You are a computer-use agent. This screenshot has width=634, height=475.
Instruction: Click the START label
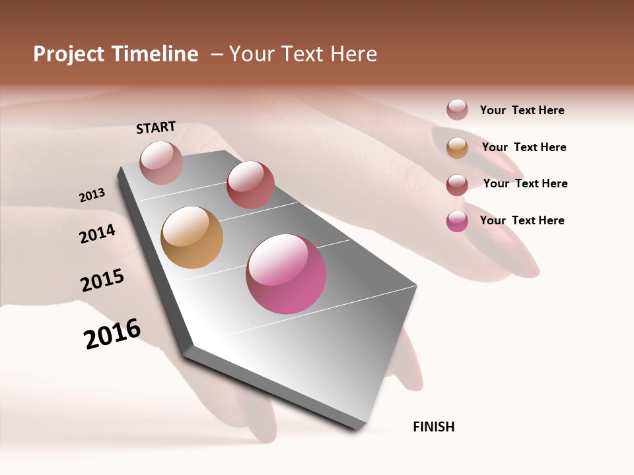(x=156, y=127)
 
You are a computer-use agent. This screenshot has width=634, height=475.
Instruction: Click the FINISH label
(x=433, y=427)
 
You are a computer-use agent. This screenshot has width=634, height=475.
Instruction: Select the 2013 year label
(x=92, y=195)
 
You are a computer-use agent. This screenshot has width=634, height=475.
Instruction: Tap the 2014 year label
(x=97, y=234)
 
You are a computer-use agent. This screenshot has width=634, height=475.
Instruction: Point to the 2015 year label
(x=102, y=280)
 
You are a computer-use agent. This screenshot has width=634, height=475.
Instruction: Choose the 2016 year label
(x=112, y=334)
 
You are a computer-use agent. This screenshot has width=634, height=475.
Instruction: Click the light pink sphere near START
(x=161, y=162)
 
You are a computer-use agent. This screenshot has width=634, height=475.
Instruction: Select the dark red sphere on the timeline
(x=250, y=185)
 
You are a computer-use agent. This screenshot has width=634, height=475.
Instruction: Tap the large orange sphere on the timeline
(x=192, y=237)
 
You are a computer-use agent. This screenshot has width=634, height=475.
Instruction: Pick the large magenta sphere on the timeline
(x=286, y=274)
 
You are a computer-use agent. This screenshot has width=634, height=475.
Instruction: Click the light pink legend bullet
(x=457, y=110)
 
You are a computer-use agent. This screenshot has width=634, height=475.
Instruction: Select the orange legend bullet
(x=457, y=148)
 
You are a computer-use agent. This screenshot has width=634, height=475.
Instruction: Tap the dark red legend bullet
(x=457, y=185)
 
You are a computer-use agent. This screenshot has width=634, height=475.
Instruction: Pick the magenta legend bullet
(x=457, y=221)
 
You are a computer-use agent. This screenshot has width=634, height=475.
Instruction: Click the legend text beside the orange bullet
(x=524, y=147)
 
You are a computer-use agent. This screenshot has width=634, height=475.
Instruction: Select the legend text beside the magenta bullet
(x=522, y=220)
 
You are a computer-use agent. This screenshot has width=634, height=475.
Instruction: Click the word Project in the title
(x=68, y=54)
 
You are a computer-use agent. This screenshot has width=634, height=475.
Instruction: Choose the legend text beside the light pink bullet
(x=522, y=110)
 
